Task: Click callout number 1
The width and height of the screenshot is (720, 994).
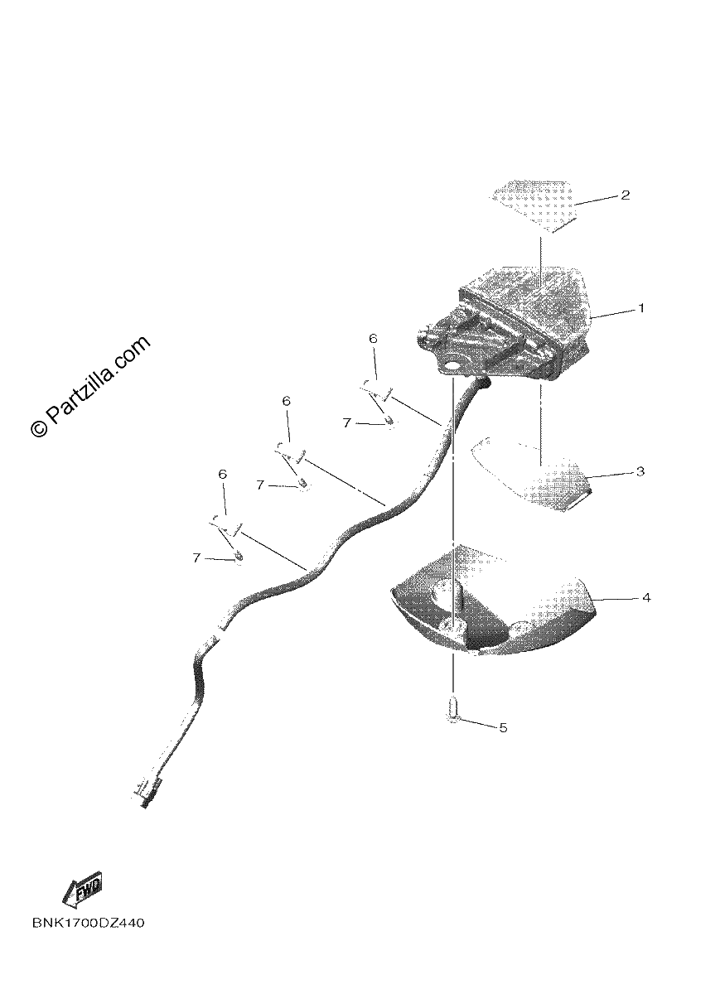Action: (640, 307)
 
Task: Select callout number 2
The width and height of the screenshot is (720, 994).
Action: (625, 195)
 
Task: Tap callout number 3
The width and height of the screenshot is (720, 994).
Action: (640, 471)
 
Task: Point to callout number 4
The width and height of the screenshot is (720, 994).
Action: (646, 598)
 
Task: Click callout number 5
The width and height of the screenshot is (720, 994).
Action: (503, 728)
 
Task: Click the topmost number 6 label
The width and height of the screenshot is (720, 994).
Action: (373, 339)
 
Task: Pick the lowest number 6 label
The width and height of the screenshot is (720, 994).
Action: (222, 474)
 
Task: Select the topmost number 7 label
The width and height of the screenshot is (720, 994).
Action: (346, 423)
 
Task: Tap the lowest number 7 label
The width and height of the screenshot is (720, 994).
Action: (196, 557)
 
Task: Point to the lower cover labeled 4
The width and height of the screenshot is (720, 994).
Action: (493, 605)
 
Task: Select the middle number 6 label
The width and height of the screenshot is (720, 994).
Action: (287, 401)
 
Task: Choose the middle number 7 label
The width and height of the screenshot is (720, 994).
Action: (260, 485)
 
